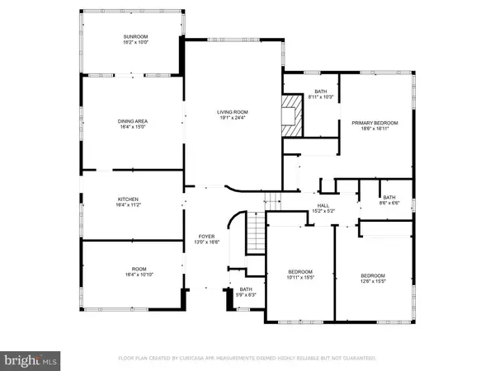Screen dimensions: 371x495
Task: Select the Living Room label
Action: click(233, 112)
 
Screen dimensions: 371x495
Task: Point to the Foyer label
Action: click(205, 237)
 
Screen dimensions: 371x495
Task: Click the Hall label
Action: click(324, 206)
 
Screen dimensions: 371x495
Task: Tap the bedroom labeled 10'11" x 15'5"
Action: click(299, 272)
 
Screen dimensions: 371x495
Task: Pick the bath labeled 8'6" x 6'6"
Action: click(389, 198)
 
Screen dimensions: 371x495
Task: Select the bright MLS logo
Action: click(31, 359)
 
